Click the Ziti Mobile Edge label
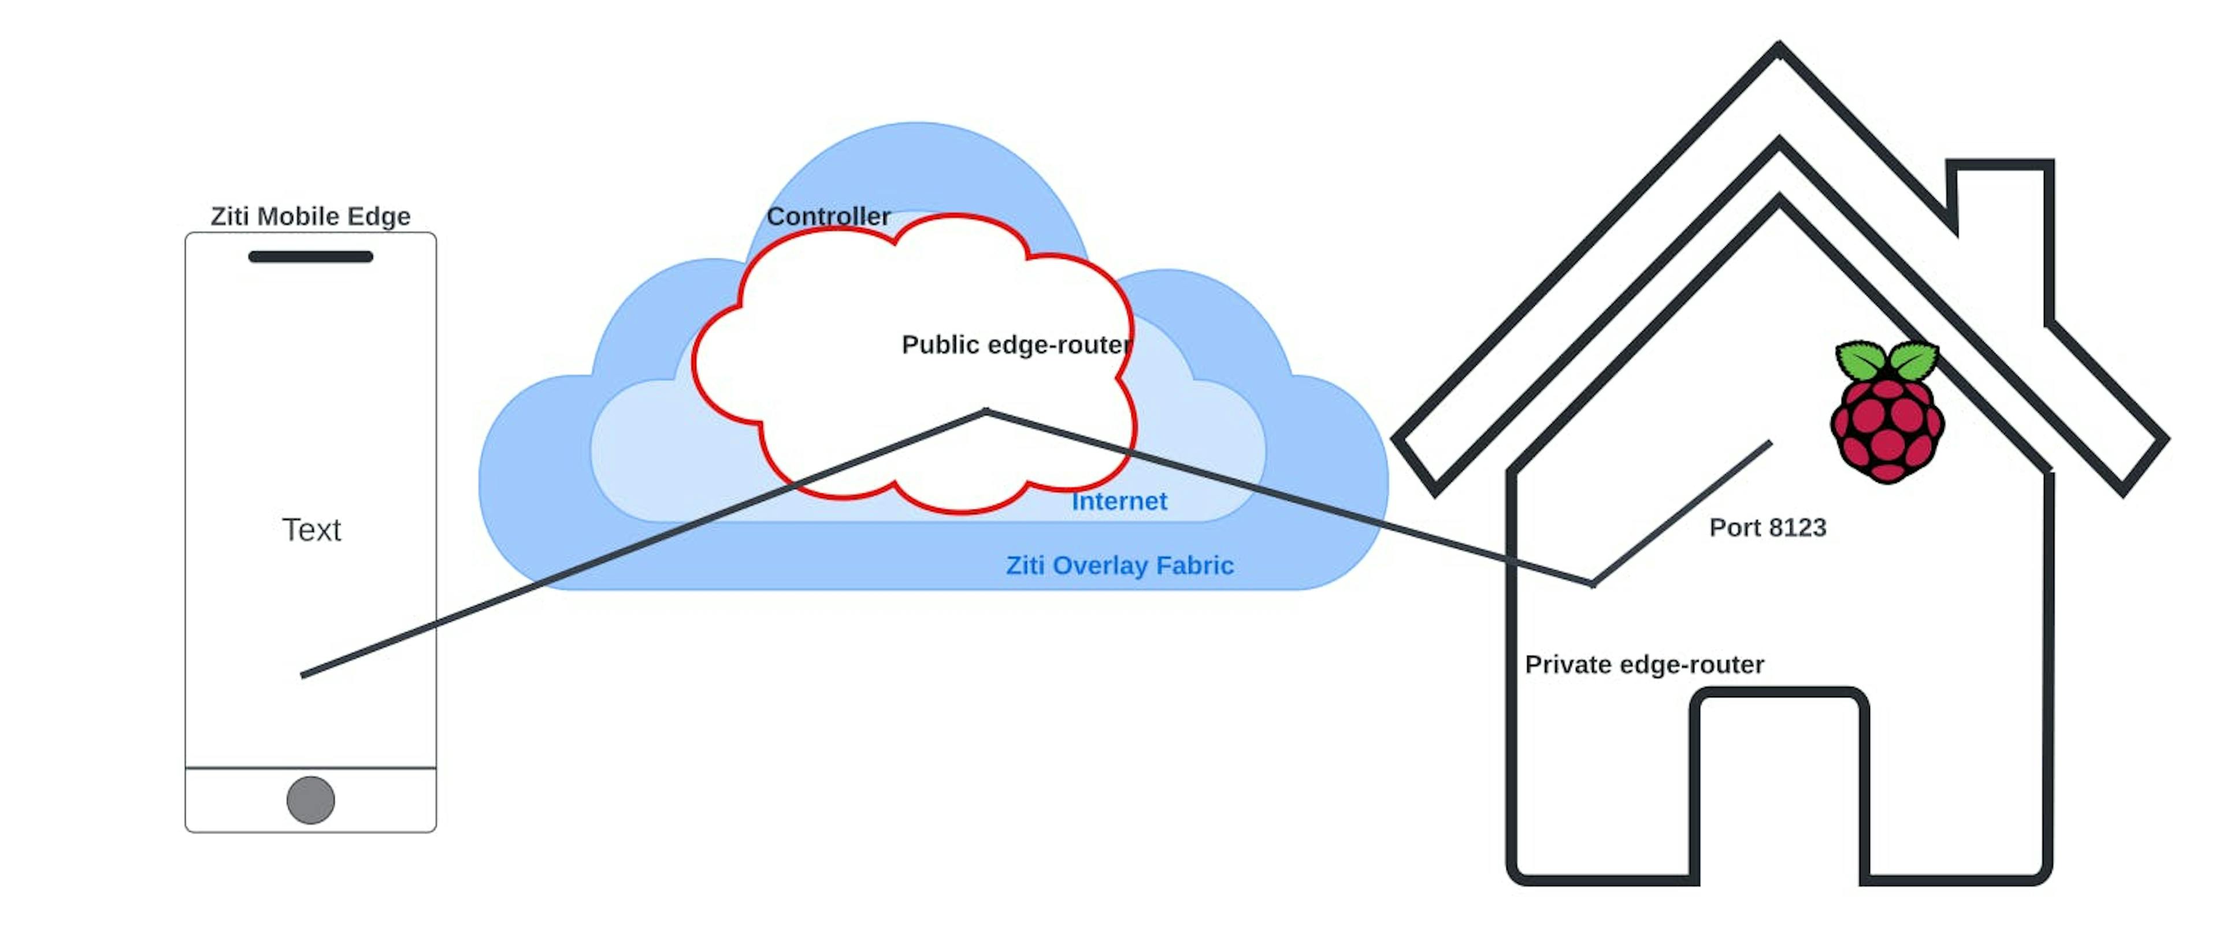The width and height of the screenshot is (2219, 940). pos(310,216)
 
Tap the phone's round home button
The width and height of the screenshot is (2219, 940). pos(310,800)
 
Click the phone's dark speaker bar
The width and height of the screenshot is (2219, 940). pos(310,256)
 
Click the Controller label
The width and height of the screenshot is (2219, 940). pos(828,216)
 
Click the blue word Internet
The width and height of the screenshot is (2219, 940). pos(1119,501)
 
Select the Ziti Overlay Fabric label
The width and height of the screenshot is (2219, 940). pos(1120,565)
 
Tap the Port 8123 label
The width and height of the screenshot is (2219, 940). pos(1768,527)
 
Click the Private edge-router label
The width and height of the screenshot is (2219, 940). pos(1643,664)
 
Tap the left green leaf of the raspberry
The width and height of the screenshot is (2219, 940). pos(1861,360)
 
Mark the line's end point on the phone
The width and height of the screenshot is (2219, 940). pos(303,675)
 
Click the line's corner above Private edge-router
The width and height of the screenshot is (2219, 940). pos(1592,584)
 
